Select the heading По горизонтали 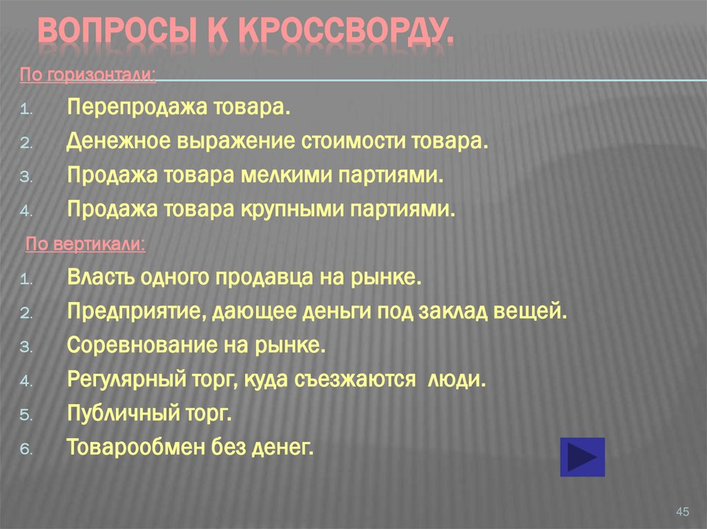point(88,74)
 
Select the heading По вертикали point(85,244)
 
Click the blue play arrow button point(582,457)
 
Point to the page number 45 point(683,511)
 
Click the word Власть point(97,278)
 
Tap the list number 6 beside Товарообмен point(23,449)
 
